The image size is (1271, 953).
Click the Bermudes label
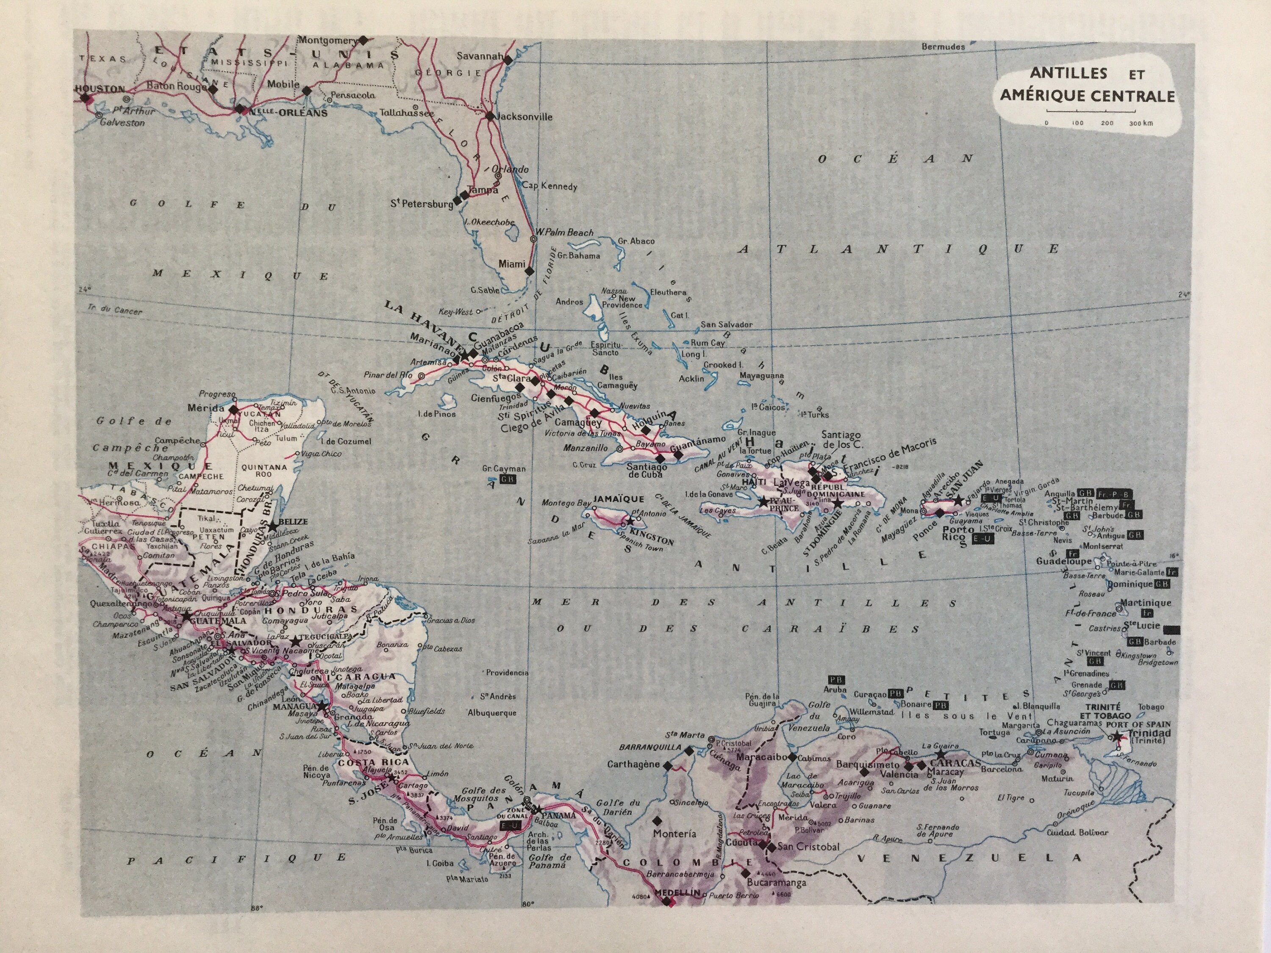[943, 47]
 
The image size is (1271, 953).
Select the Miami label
[511, 264]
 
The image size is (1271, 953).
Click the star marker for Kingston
[630, 521]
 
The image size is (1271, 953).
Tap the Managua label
[293, 706]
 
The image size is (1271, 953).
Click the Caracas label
[955, 763]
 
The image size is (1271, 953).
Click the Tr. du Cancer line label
[114, 310]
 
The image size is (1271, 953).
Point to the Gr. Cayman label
[503, 468]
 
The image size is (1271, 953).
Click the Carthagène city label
[634, 765]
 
